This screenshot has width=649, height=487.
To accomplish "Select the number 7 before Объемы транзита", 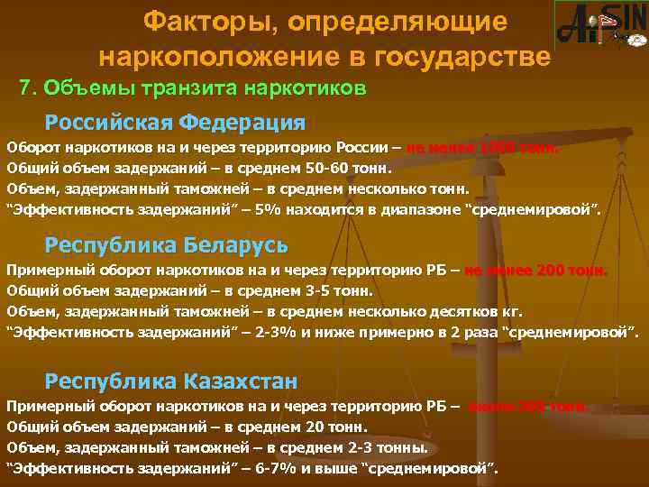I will pyautogui.click(x=25, y=89).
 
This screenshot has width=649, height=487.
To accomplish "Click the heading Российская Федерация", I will pyautogui.click(x=176, y=121).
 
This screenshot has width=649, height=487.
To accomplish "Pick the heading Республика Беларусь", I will pyautogui.click(x=167, y=244).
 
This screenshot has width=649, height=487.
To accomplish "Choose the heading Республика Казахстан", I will pyautogui.click(x=171, y=381).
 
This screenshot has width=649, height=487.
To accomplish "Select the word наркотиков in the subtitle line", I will pyautogui.click(x=304, y=89).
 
